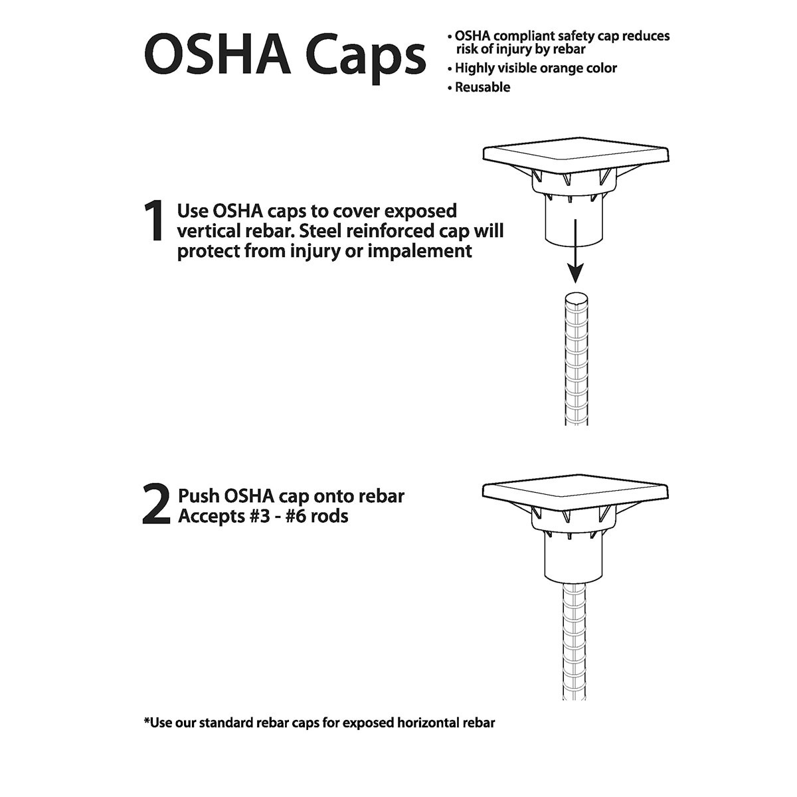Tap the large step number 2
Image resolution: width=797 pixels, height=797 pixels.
click(156, 506)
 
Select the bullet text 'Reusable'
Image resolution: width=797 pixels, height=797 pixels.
click(482, 87)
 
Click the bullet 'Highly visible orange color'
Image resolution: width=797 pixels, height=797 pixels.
click(535, 68)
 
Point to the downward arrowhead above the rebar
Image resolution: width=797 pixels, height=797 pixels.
click(575, 272)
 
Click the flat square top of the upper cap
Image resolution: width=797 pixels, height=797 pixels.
click(575, 154)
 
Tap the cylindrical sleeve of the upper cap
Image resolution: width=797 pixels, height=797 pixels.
click(575, 222)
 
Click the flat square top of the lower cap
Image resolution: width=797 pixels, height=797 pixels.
click(575, 491)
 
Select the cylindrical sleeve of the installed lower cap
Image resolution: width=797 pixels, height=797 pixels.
click(575, 558)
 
